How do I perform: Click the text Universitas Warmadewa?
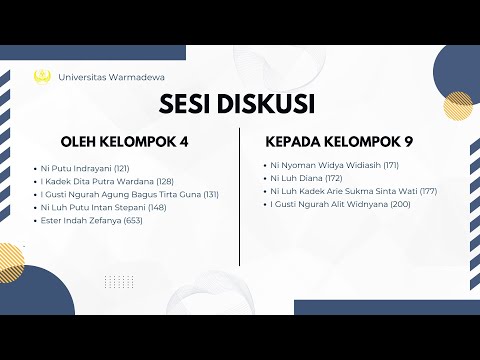pos(112,76)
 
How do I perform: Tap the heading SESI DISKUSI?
pos(238,104)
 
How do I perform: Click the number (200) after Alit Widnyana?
pos(400,203)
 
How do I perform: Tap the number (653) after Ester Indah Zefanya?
pos(133,220)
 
